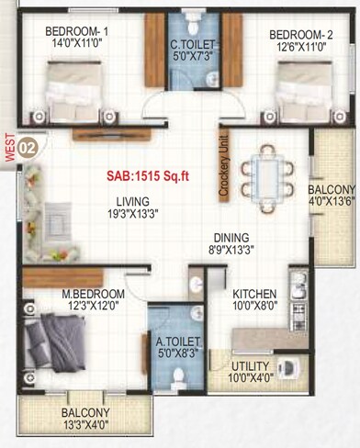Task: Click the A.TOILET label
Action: pos(179,342)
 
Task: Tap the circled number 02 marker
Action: pos(28,145)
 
